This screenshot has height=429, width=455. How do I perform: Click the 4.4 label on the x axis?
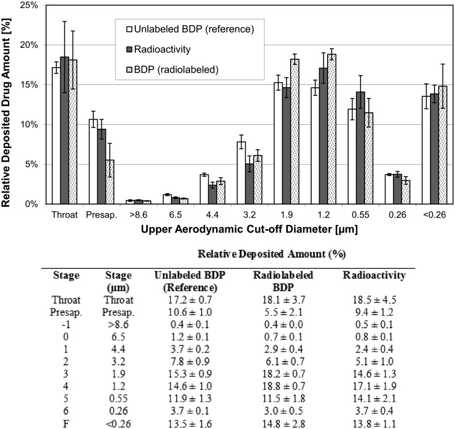[x=213, y=216]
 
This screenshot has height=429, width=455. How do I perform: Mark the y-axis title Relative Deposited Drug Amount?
[x=9, y=105]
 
